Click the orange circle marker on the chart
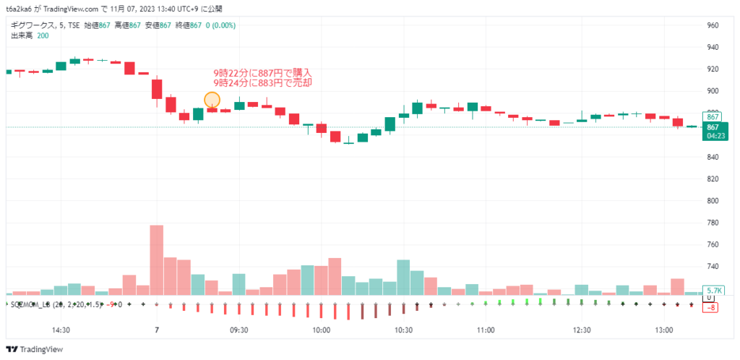click(212, 100)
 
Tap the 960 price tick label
click(713, 25)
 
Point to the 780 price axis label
click(713, 223)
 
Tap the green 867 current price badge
click(712, 127)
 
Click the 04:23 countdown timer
click(712, 135)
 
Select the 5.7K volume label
click(713, 290)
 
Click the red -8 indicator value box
click(712, 307)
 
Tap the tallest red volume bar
click(157, 260)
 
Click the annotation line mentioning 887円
click(262, 73)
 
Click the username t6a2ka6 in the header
click(20, 9)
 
